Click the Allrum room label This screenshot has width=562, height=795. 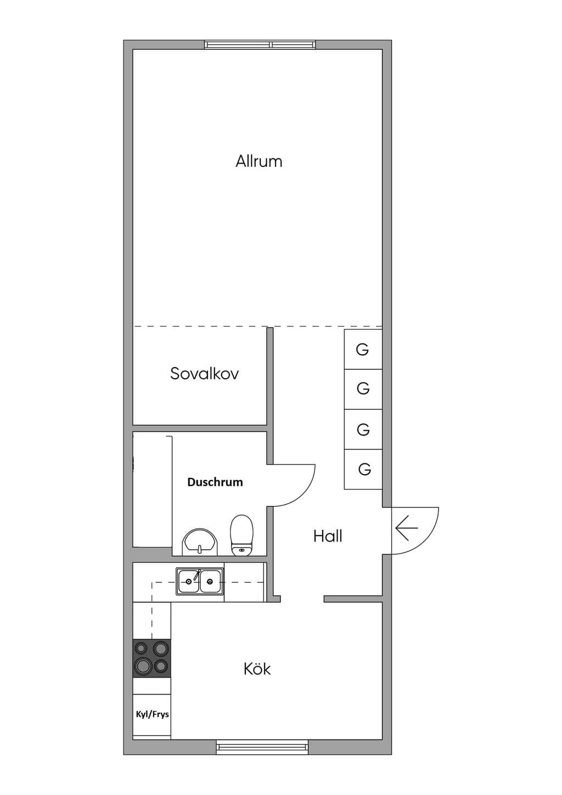click(x=259, y=161)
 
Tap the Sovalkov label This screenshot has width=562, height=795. click(x=205, y=374)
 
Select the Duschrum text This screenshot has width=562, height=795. click(x=215, y=482)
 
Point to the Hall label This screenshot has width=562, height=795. click(x=328, y=536)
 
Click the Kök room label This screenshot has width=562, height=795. click(x=257, y=669)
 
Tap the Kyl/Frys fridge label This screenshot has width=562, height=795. click(x=153, y=714)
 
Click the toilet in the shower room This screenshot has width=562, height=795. click(x=242, y=535)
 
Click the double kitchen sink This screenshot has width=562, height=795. click(x=200, y=582)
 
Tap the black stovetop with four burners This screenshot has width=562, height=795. click(x=151, y=658)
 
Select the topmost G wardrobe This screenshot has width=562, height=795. click(x=363, y=349)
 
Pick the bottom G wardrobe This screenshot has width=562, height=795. click(x=363, y=469)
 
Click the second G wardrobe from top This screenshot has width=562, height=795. click(x=363, y=390)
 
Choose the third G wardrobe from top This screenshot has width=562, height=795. click(x=363, y=430)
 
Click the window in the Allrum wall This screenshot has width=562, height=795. click(x=260, y=45)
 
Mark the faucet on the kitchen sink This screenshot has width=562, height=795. click(x=197, y=574)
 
